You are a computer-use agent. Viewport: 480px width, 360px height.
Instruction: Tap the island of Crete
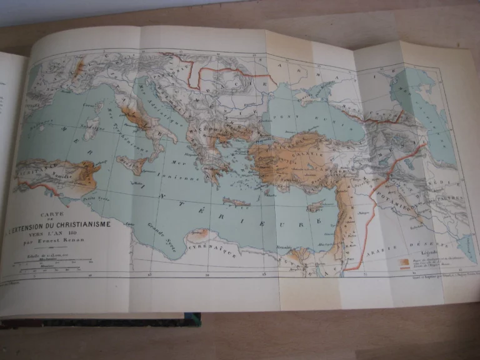(236, 201)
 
